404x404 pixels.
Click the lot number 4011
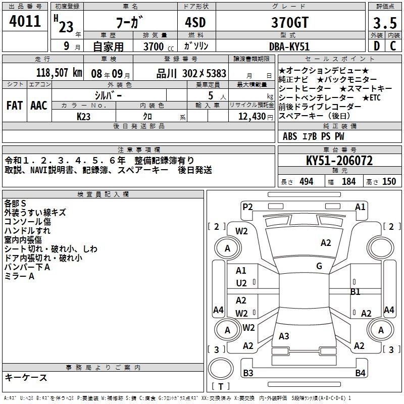click(25, 21)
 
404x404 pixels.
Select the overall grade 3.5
click(385, 23)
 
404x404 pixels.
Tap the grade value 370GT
click(290, 22)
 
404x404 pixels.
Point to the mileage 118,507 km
click(59, 73)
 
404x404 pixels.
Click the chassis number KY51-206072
click(339, 161)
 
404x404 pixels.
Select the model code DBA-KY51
click(289, 46)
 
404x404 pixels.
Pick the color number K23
click(83, 117)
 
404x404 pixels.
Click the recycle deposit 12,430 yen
click(256, 117)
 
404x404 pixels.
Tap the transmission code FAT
click(15, 106)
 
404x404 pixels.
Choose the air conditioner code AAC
click(39, 106)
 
